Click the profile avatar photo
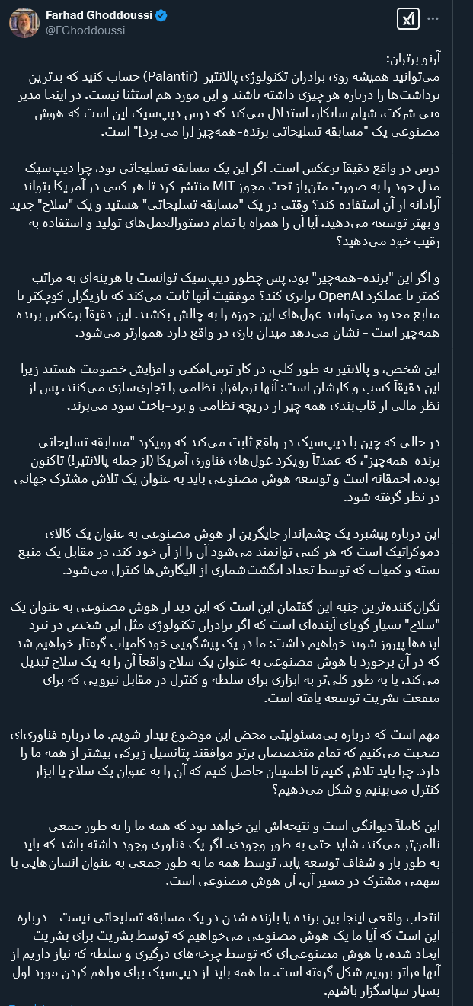pos(24,22)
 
